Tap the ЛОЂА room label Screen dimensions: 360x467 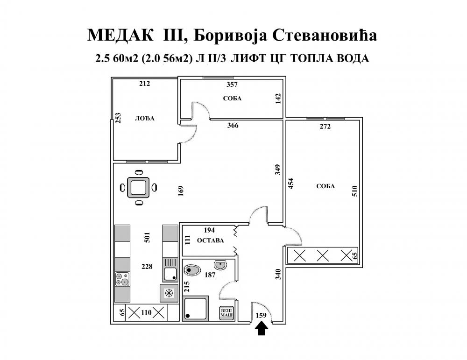pyautogui.click(x=145, y=119)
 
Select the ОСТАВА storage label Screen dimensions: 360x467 pyautogui.click(x=210, y=240)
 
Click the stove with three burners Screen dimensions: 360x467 pyautogui.click(x=122, y=280)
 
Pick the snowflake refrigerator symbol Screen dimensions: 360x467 pyautogui.click(x=169, y=293)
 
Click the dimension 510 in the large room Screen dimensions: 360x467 pyautogui.click(x=354, y=191)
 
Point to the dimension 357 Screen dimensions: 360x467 pyautogui.click(x=232, y=85)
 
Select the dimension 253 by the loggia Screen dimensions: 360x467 pyautogui.click(x=118, y=119)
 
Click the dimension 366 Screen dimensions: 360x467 pyautogui.click(x=233, y=125)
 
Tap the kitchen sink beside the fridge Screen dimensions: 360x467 pyautogui.click(x=170, y=272)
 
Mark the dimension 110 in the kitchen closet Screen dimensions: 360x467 pyautogui.click(x=147, y=312)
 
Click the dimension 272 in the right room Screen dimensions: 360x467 pyautogui.click(x=325, y=126)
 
